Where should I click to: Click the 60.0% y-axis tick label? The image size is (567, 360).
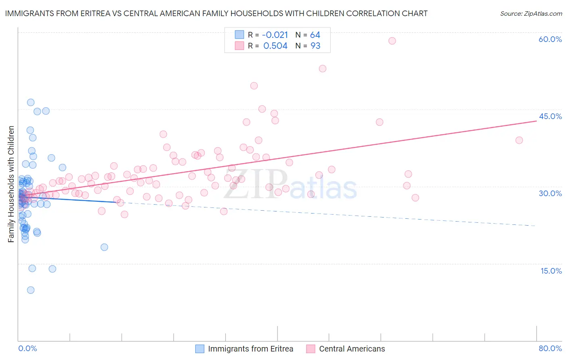coord(550,39)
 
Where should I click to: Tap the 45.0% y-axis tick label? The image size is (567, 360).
coord(550,116)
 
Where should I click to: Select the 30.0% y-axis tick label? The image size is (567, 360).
coord(550,193)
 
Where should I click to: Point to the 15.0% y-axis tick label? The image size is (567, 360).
coord(551,271)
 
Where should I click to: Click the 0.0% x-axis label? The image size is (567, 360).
coord(27,348)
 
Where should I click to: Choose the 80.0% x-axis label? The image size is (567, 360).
coord(550,348)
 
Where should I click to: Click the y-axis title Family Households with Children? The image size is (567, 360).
coord(11,184)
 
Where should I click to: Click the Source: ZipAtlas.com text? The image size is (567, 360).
coord(531,13)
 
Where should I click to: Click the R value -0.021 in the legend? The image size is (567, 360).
coord(275,35)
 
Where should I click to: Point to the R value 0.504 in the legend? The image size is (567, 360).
coord(275,46)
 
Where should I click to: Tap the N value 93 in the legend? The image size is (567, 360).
coord(315,46)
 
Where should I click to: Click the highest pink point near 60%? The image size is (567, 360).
coord(392,41)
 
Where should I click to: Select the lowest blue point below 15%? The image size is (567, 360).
coord(31,290)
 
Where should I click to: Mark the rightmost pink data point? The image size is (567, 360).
coord(519,140)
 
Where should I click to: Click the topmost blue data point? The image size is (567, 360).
coord(31,102)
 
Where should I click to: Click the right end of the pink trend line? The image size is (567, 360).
coord(536,121)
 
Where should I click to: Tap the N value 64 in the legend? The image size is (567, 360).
coord(315,35)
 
